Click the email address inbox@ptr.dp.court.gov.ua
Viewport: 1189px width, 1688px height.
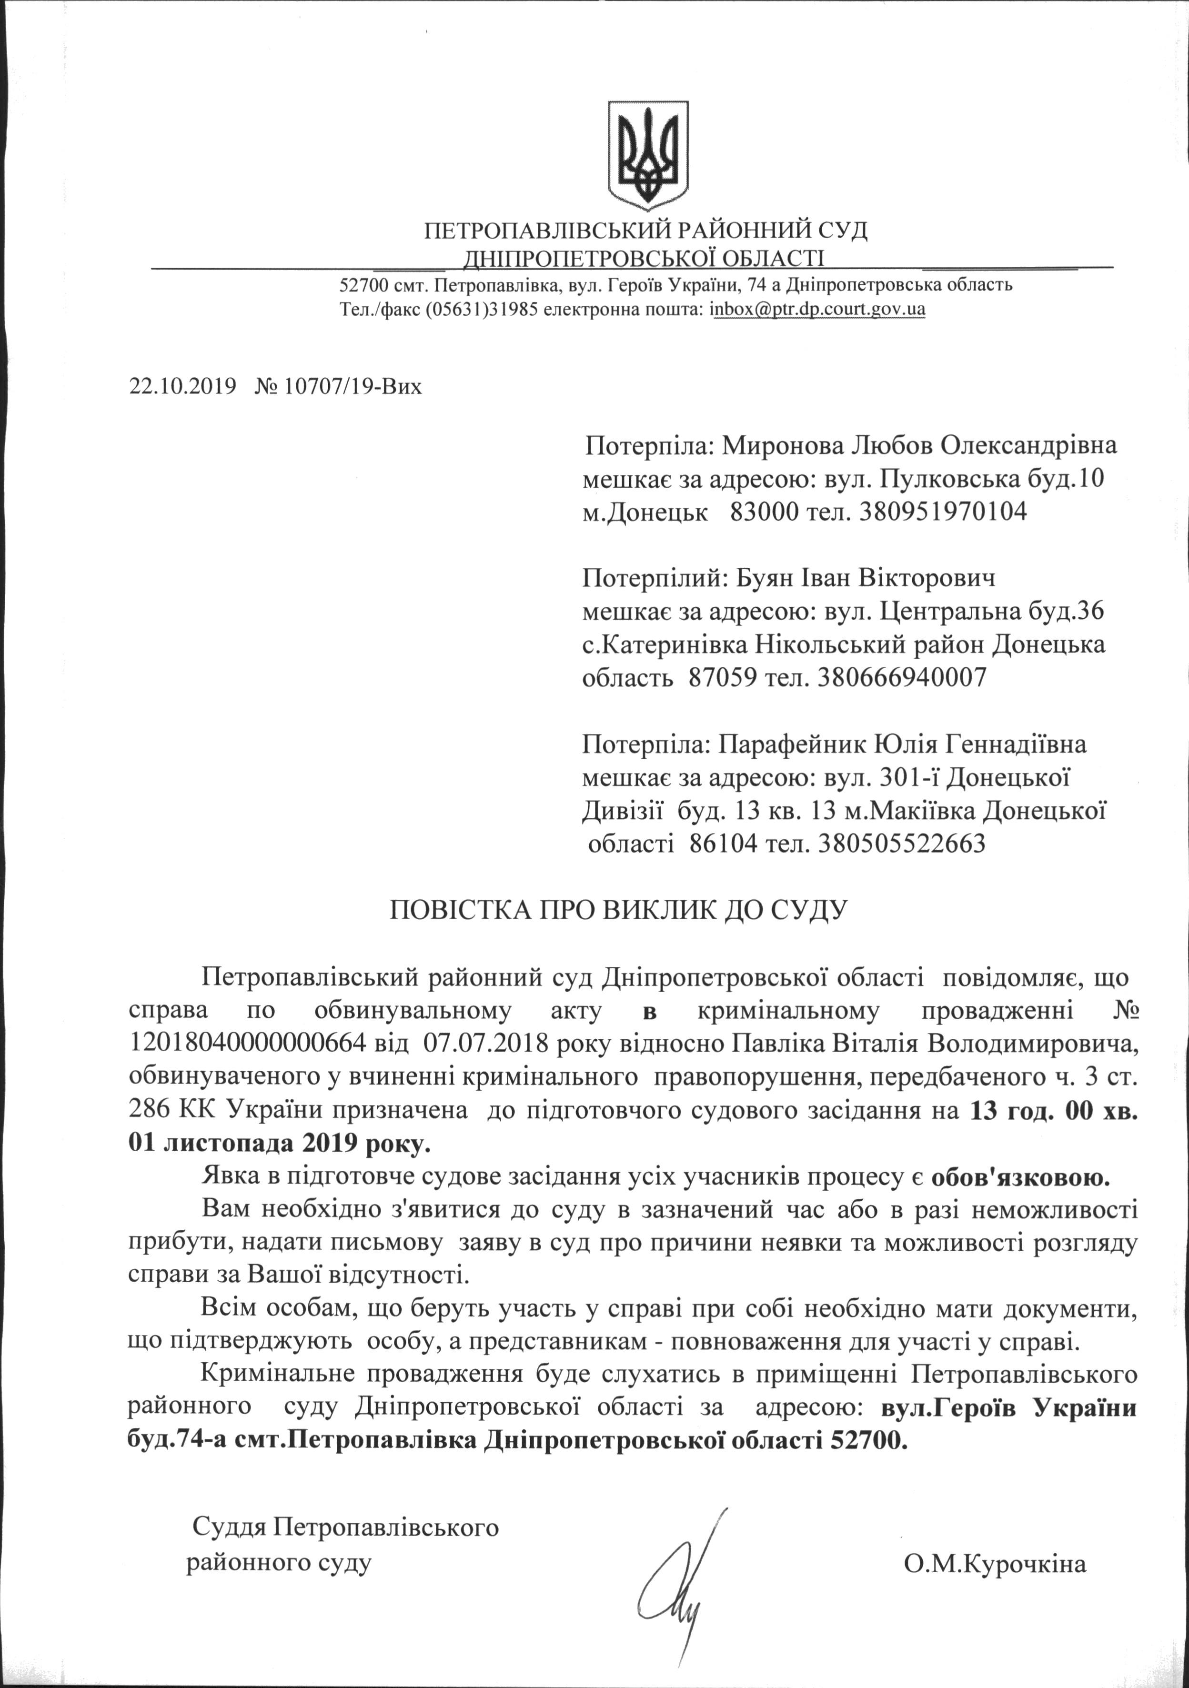(817, 309)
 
